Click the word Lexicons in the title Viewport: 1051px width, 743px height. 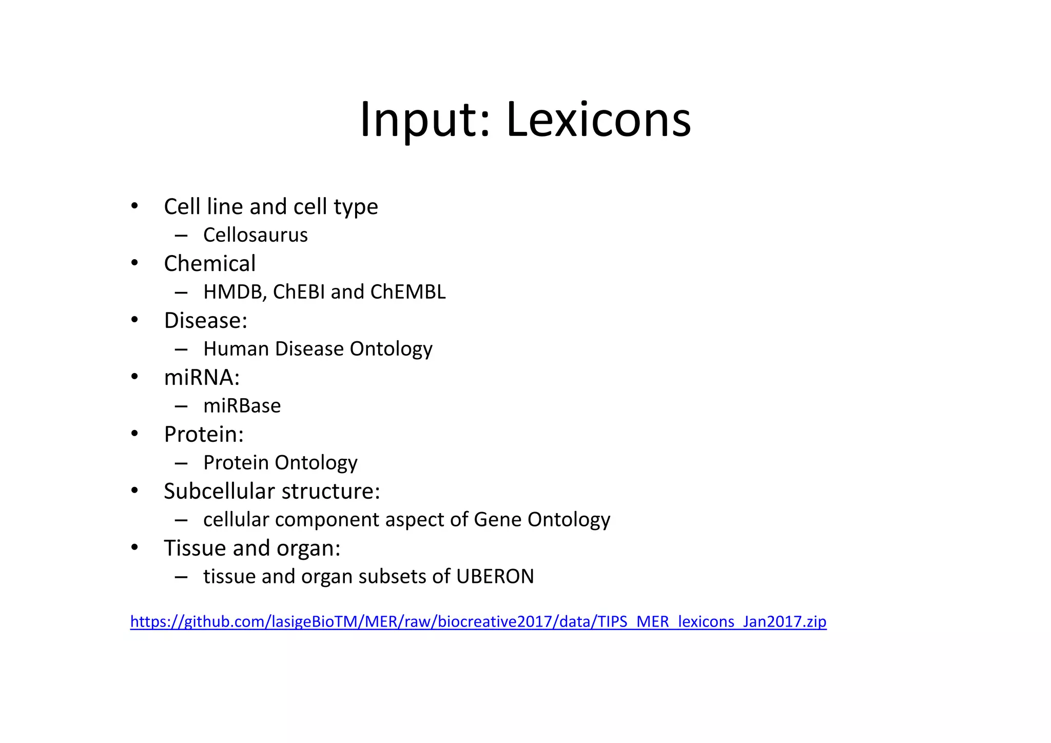[598, 120]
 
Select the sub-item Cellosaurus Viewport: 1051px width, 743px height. [255, 235]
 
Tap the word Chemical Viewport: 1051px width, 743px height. [209, 264]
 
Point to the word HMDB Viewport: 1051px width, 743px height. [234, 292]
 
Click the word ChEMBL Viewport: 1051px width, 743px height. [407, 292]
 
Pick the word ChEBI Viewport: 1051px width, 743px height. [299, 292]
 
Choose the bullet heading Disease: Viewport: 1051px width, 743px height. [205, 321]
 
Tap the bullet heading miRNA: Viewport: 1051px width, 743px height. [202, 378]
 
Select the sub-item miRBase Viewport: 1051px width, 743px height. [242, 406]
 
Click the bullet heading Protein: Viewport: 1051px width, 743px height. [204, 435]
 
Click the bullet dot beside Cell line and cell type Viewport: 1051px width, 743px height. [134, 206]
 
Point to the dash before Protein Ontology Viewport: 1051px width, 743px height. [181, 463]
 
